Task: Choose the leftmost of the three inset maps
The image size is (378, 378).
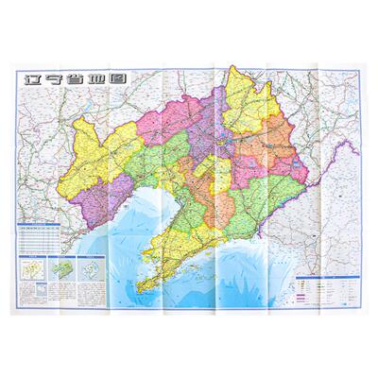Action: (x=31, y=248)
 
